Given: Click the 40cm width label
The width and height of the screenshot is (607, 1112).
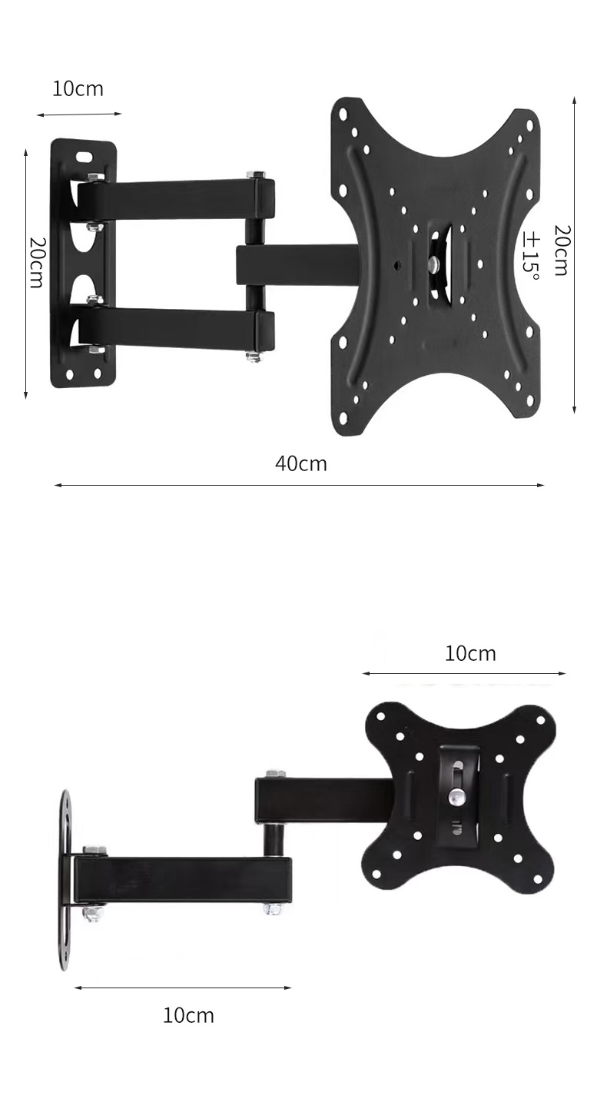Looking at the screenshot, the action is [x=300, y=463].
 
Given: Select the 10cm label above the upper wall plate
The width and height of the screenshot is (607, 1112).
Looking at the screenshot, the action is [x=78, y=89].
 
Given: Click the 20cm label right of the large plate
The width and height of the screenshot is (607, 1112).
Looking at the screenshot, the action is [x=562, y=251].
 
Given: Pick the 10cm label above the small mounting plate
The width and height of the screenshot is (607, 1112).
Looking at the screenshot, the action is [x=470, y=653].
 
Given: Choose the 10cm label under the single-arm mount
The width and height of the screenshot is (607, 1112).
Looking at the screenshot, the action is [x=188, y=1015].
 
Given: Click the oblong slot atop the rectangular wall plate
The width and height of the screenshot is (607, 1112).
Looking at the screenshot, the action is [x=85, y=155].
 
